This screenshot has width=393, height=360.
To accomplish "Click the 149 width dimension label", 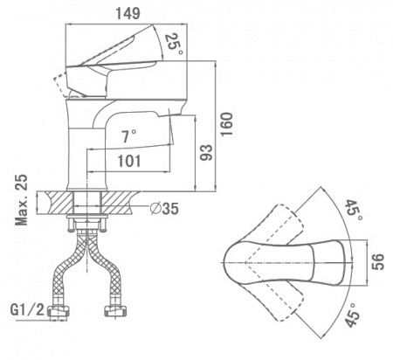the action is click(x=128, y=13).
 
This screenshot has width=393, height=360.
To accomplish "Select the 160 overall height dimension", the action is click(x=226, y=124).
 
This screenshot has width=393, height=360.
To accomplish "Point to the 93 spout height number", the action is click(x=206, y=152).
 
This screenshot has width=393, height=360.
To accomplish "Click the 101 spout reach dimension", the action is click(x=129, y=161).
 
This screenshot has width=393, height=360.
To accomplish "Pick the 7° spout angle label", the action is click(x=128, y=136).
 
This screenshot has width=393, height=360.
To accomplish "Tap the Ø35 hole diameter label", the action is click(x=164, y=208).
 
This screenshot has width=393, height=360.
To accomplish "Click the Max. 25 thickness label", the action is click(x=22, y=200).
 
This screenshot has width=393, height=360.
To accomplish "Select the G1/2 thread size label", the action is click(x=28, y=310).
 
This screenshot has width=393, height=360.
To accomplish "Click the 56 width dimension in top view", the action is click(x=378, y=261).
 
